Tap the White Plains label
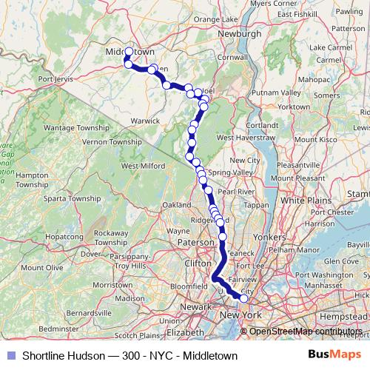click(x=303, y=200)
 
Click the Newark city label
click(x=195, y=306)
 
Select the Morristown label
click(x=112, y=284)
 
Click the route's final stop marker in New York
click(x=244, y=298)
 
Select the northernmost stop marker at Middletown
click(x=129, y=52)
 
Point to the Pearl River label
click(x=236, y=191)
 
